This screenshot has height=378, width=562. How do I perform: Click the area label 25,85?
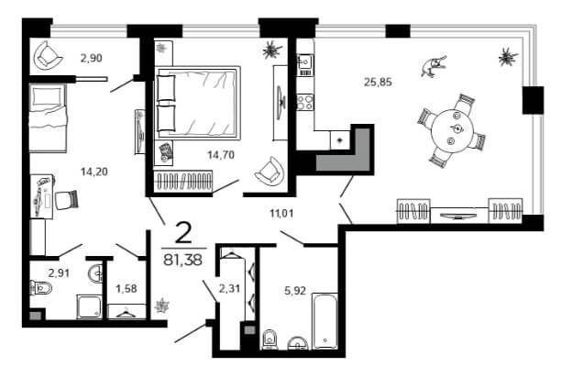(378, 83)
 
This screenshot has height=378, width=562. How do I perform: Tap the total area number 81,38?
(182, 260)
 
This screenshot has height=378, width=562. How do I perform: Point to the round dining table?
(453, 131)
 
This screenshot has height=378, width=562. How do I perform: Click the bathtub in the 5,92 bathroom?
(325, 321)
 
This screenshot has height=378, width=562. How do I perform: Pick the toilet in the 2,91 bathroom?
(41, 287)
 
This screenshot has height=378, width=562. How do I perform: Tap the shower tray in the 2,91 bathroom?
(89, 306)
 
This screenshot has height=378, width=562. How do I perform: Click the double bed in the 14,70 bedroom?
(197, 102)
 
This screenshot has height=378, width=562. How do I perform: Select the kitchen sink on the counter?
(305, 65)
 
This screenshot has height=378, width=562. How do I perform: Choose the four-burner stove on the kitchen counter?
(305, 102)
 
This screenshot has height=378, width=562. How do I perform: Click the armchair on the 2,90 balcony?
(48, 56)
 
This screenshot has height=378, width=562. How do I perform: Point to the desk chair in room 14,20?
(67, 199)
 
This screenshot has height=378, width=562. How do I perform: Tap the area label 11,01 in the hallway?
(281, 214)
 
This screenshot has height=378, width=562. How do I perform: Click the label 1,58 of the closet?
(127, 288)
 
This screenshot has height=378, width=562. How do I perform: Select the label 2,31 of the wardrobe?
(229, 288)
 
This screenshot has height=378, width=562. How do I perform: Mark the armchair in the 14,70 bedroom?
(270, 170)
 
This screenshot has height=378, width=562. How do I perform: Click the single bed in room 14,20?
(48, 118)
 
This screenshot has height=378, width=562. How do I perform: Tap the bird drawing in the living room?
(434, 66)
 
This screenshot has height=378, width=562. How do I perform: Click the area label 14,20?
(94, 172)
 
